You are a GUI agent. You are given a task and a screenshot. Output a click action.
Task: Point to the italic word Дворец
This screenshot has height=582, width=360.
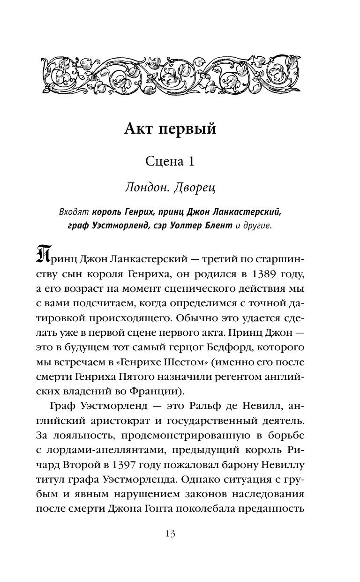(193, 188)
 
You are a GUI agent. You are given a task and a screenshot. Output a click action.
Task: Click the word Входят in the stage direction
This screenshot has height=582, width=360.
(74, 212)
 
